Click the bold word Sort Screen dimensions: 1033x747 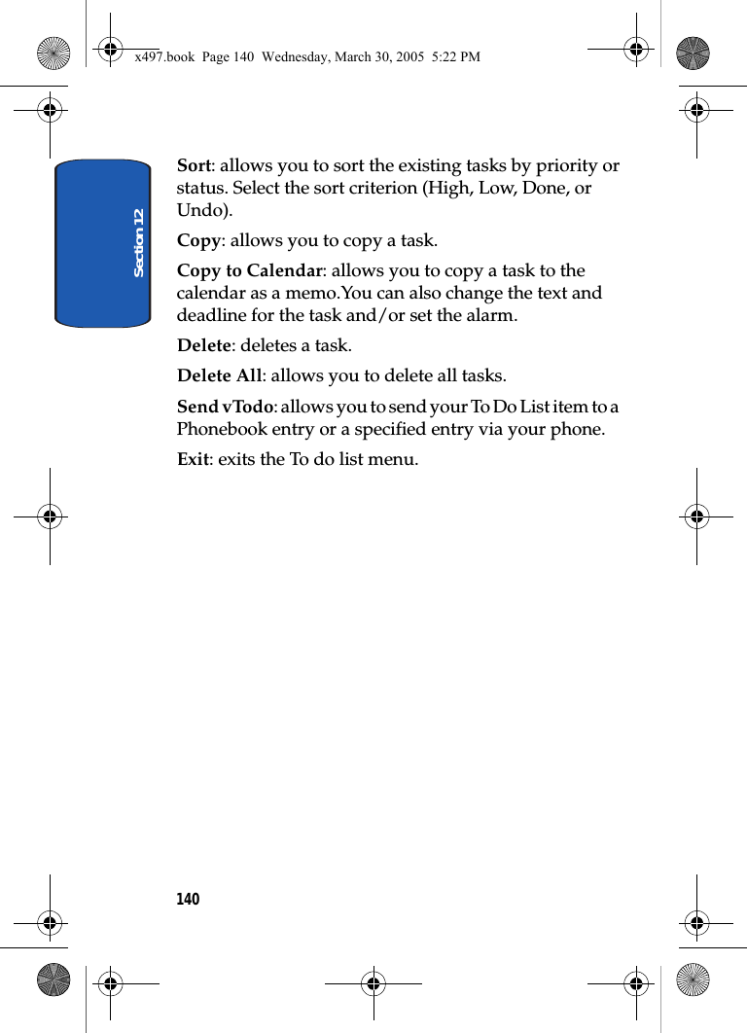193,165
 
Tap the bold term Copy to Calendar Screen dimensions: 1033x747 249,270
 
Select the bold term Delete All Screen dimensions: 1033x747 219,375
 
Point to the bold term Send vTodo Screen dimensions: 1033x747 224,407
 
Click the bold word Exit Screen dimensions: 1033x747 193,459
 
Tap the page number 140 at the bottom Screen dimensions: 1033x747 188,899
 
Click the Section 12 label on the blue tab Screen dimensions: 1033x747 139,242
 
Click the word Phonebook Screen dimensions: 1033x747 223,429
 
